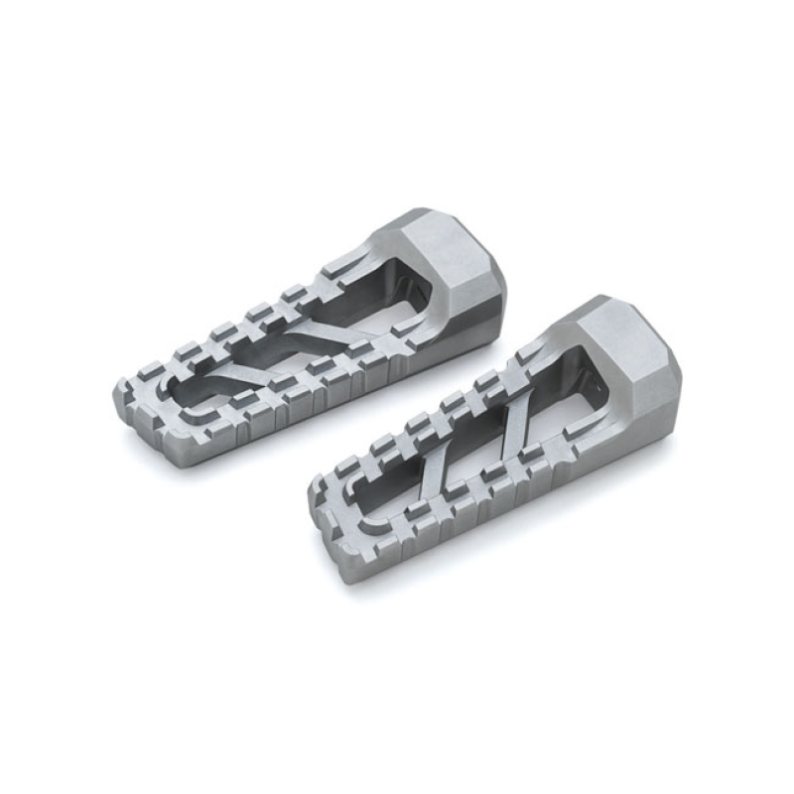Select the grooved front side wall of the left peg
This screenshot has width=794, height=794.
pos(298,397)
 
